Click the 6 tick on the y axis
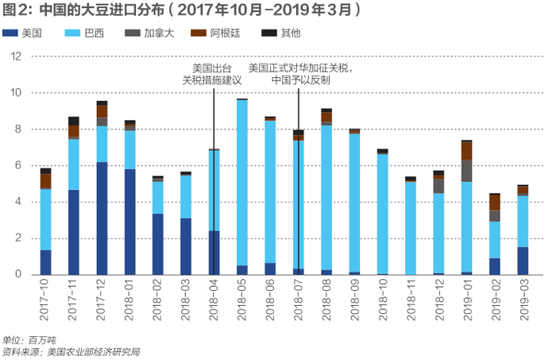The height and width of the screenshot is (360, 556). [18, 165]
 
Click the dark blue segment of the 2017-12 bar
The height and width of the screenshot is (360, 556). [102, 219]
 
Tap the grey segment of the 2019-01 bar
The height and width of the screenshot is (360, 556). [467, 171]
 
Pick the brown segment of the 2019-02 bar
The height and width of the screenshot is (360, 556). [495, 203]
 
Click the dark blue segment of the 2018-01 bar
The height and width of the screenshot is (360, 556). [130, 222]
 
